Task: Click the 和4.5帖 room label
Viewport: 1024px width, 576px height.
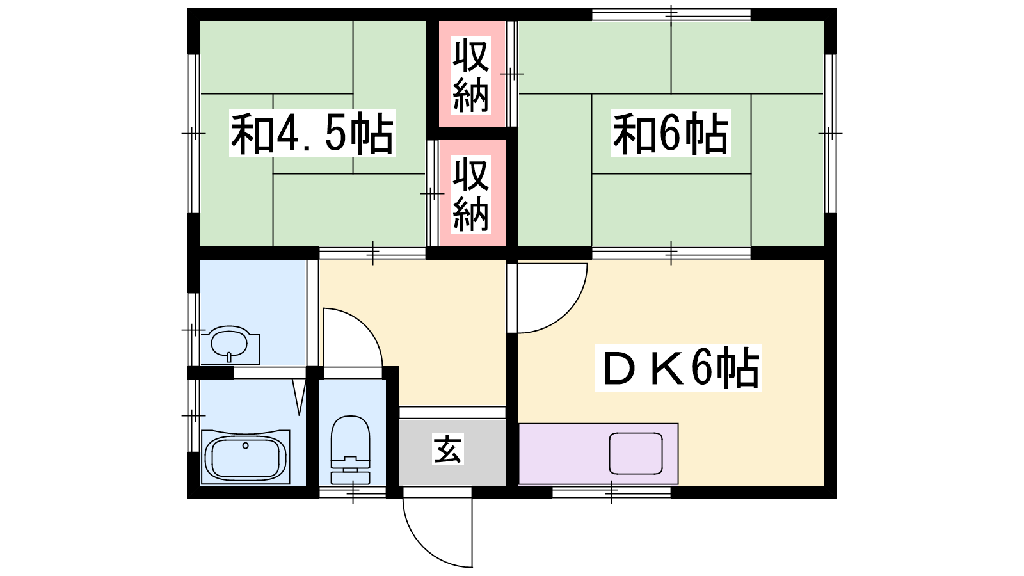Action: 312,134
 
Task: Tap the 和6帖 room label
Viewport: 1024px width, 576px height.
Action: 671,134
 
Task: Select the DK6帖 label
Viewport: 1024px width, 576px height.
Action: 678,367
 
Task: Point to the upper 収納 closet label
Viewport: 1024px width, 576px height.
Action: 471,75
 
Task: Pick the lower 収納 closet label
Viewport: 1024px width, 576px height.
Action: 471,195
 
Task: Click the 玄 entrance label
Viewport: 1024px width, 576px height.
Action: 447,449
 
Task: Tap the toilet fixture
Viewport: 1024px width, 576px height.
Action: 350,450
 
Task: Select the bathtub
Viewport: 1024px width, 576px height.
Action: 246,457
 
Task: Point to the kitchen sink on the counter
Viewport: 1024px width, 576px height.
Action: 636,453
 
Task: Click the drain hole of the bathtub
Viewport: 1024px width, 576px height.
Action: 246,445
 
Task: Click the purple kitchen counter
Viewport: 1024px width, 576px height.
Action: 598,454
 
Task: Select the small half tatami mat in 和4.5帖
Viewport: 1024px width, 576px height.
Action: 313,134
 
